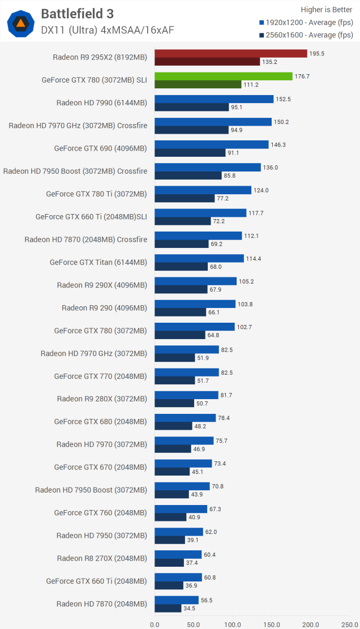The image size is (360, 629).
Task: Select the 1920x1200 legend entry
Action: point(306,22)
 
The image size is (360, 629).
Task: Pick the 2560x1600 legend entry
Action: point(306,35)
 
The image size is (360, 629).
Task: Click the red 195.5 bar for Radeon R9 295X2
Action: point(231,53)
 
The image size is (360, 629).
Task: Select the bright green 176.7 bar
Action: point(224,76)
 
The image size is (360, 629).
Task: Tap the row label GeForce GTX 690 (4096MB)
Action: point(100,148)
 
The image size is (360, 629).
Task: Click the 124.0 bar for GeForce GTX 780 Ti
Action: point(203,190)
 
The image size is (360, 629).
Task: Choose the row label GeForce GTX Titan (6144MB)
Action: point(98,262)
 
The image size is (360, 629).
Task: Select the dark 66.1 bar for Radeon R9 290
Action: point(180,312)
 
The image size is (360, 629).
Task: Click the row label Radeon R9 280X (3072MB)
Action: point(102,399)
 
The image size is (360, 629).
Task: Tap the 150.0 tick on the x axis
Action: point(271,624)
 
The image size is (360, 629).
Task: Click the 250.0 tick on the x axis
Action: point(349,624)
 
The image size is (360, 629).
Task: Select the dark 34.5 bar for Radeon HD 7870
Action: point(168,608)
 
